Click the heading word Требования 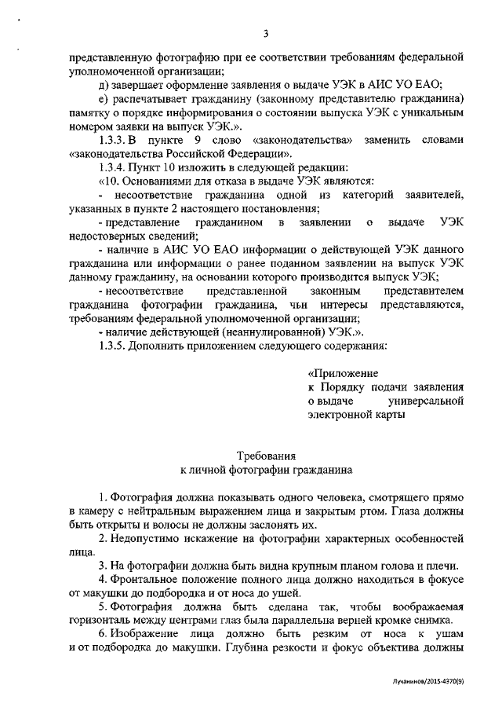pyautogui.click(x=266, y=456)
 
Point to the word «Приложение pyautogui.click(x=344, y=372)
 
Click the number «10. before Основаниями pyautogui.click(x=111, y=181)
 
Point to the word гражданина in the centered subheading pyautogui.click(x=315, y=470)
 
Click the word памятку pyautogui.click(x=94, y=112)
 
